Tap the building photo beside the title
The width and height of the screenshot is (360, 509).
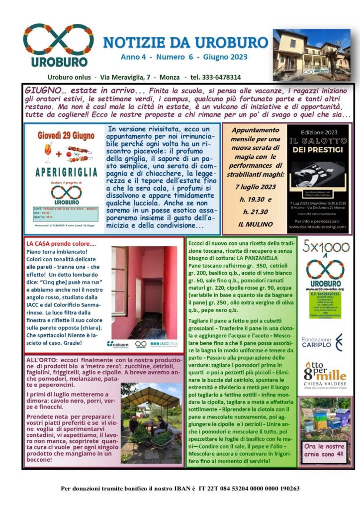click(311, 54)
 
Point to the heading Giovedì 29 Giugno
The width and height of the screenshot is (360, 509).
click(63, 134)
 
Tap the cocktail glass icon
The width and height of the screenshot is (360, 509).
click(48, 152)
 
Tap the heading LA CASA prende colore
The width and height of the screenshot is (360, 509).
click(61, 244)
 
